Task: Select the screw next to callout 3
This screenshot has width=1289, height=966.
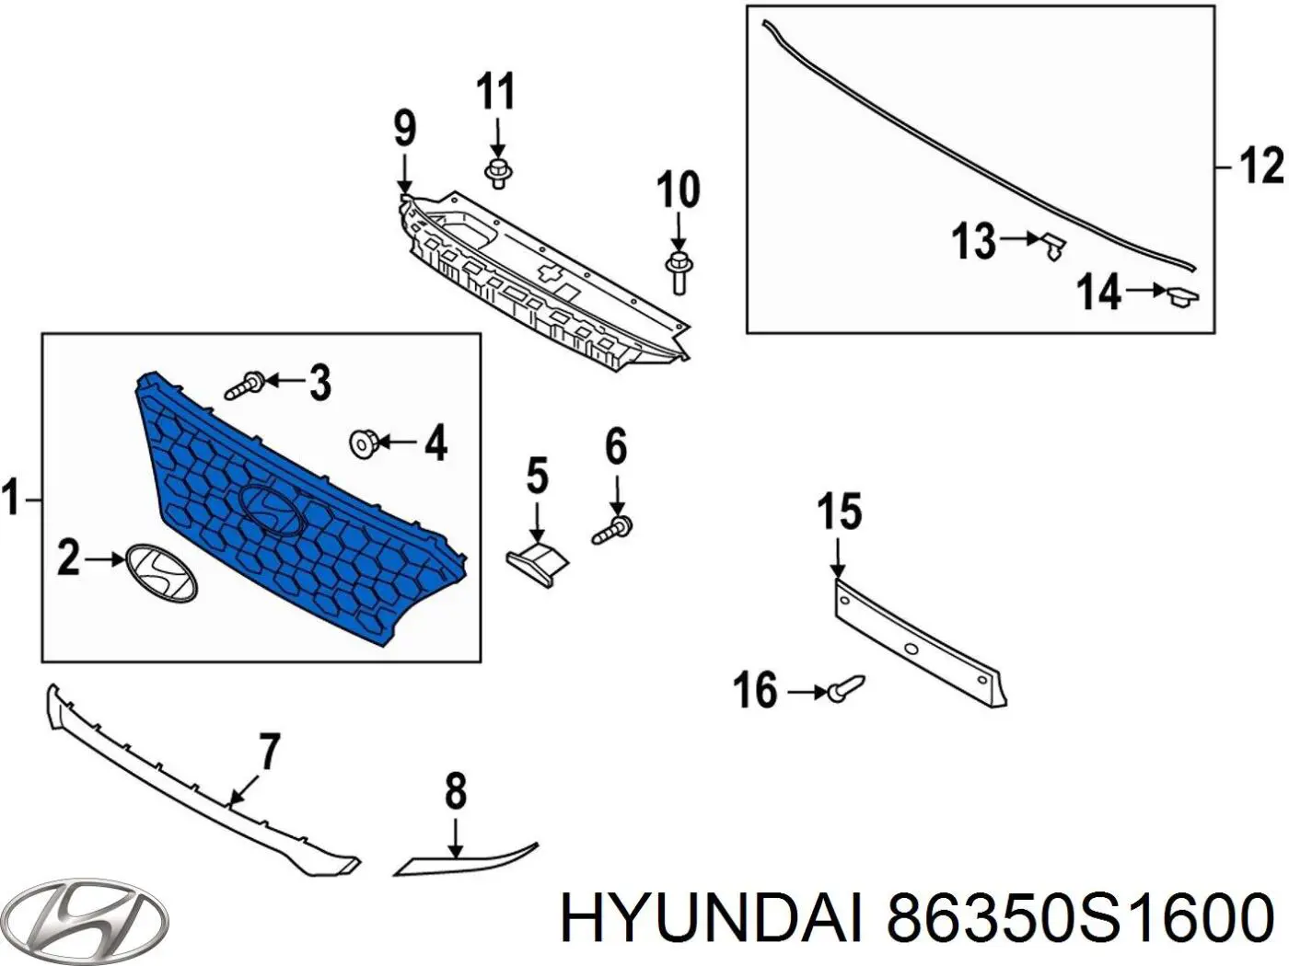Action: (x=245, y=384)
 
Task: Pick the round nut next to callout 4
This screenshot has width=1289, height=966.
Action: (x=365, y=444)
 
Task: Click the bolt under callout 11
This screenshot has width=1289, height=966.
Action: (x=497, y=171)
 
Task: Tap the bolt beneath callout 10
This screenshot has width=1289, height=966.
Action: (x=678, y=270)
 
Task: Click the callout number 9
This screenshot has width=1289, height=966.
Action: (x=404, y=129)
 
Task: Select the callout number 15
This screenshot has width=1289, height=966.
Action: (x=839, y=512)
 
